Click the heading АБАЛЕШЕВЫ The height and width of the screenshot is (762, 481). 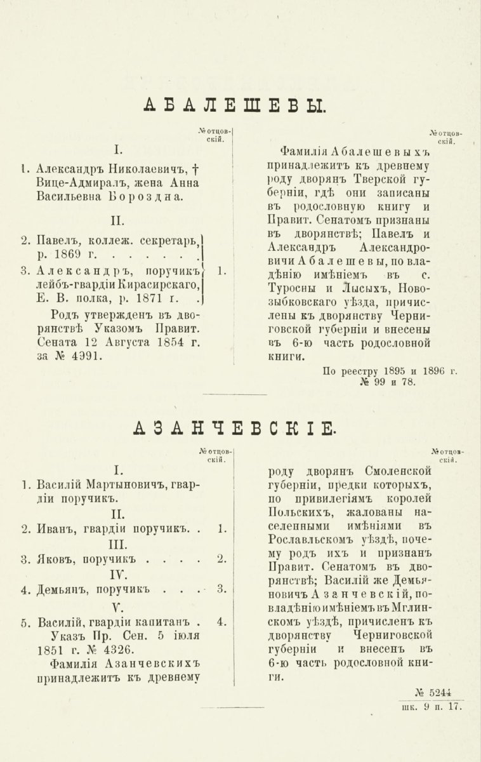[x=235, y=105]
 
